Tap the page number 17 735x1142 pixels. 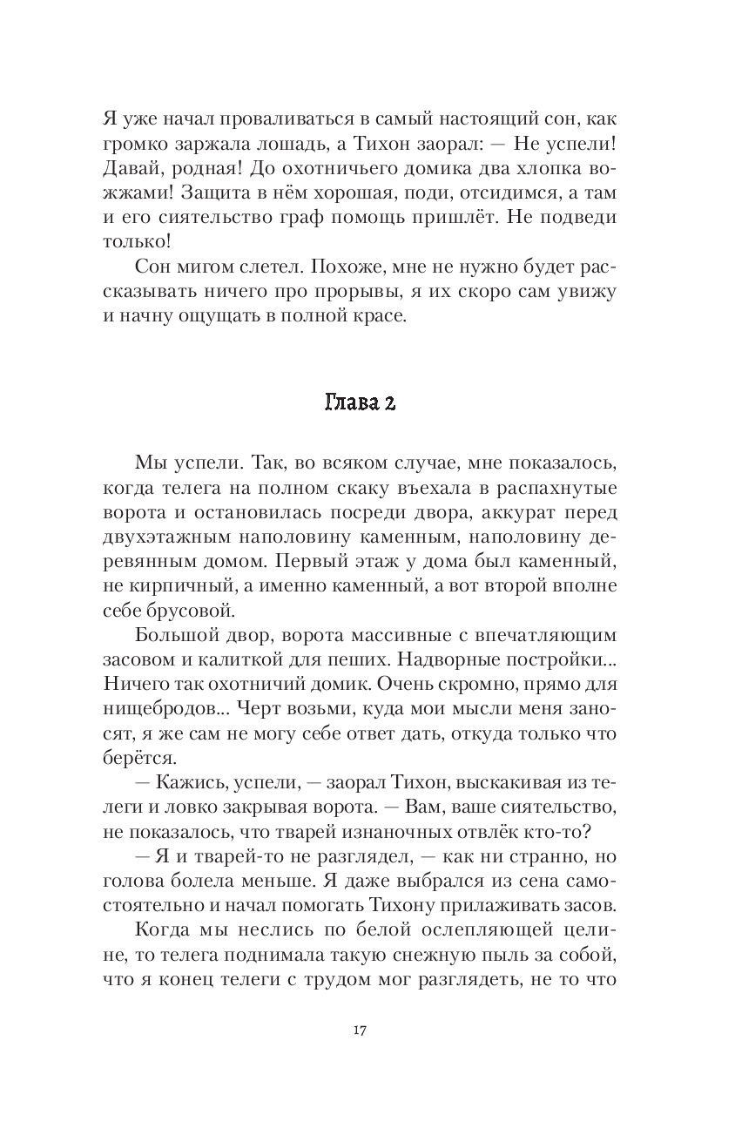(x=360, y=1031)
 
